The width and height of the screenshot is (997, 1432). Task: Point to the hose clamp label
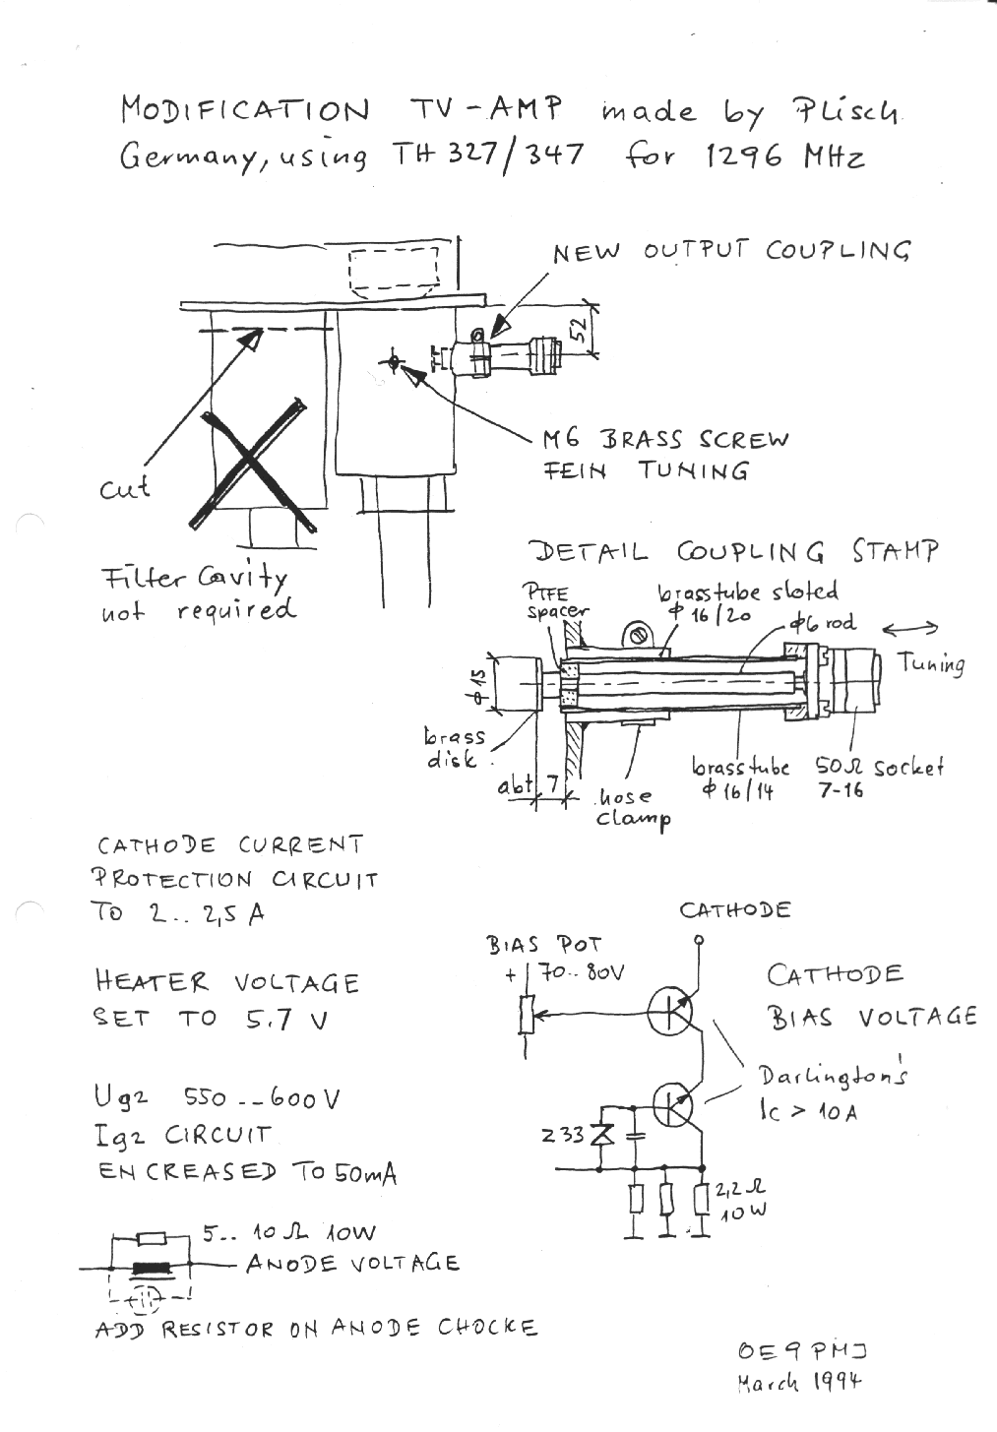click(x=634, y=807)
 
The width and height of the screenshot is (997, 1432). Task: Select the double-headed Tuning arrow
click(x=910, y=629)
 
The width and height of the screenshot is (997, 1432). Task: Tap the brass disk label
click(x=454, y=748)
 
